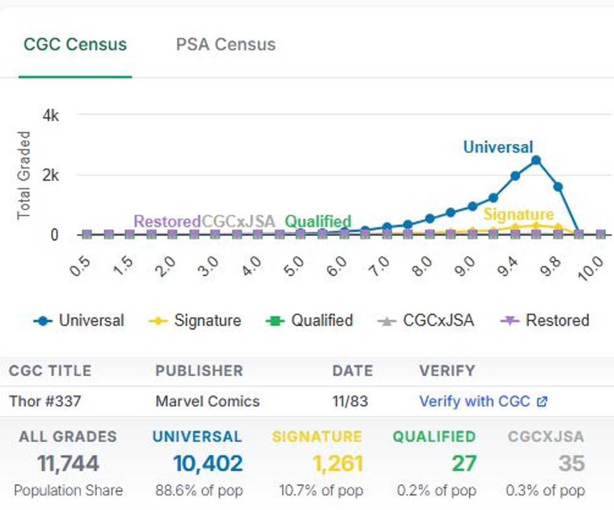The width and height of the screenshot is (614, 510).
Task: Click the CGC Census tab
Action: tap(75, 45)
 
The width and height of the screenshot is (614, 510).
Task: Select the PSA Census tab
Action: tap(225, 45)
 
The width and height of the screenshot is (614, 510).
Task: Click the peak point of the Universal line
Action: tap(536, 161)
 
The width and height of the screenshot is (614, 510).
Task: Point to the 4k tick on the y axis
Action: tap(50, 116)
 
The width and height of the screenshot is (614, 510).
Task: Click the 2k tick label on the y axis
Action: tap(50, 175)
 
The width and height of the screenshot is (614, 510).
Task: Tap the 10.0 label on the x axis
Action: tap(591, 267)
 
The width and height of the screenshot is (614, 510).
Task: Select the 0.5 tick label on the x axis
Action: tap(80, 266)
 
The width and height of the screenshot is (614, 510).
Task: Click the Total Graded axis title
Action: tap(24, 175)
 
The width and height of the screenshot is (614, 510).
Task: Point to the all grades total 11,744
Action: tap(68, 464)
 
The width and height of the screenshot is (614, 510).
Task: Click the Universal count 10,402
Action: tap(208, 464)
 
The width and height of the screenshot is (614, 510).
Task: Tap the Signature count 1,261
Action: tap(337, 464)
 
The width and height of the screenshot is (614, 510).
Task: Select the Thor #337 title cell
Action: tap(45, 401)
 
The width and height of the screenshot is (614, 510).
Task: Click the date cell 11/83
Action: tap(350, 401)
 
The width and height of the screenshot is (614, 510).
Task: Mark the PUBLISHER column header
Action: tap(199, 371)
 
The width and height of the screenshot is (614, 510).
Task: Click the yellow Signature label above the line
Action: tap(518, 214)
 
